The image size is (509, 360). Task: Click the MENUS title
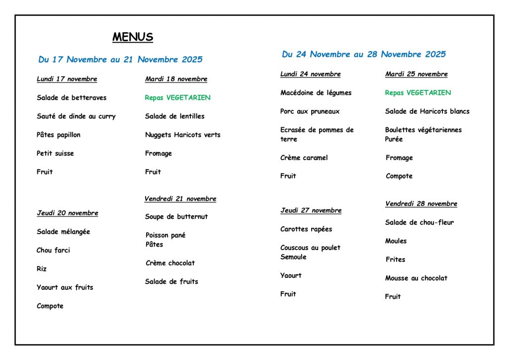[x=133, y=37]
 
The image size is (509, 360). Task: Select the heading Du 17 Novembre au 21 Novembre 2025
[x=120, y=60]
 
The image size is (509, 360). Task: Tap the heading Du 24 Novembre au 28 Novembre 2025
[x=364, y=54]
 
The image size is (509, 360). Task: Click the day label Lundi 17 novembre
[x=67, y=79]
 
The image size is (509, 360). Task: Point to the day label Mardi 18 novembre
[x=176, y=79]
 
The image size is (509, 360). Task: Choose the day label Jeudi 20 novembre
[x=67, y=213]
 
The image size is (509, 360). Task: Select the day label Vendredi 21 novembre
[x=180, y=199]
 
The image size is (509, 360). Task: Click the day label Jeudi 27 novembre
[x=311, y=210]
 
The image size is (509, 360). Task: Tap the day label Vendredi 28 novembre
[x=421, y=204]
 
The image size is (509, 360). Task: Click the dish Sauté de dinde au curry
[x=76, y=116]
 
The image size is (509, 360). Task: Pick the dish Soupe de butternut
[x=176, y=217]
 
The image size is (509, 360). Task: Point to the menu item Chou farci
[x=53, y=250]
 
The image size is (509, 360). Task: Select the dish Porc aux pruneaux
[x=310, y=111]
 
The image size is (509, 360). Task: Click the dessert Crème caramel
[x=304, y=158]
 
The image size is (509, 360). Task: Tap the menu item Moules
[x=396, y=241]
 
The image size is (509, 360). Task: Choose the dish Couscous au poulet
[x=310, y=248]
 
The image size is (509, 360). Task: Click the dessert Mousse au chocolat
[x=416, y=278]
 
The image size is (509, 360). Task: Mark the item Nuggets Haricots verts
[x=182, y=135]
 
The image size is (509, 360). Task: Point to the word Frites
[x=395, y=260]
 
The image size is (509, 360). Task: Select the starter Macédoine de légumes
[x=316, y=93]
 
